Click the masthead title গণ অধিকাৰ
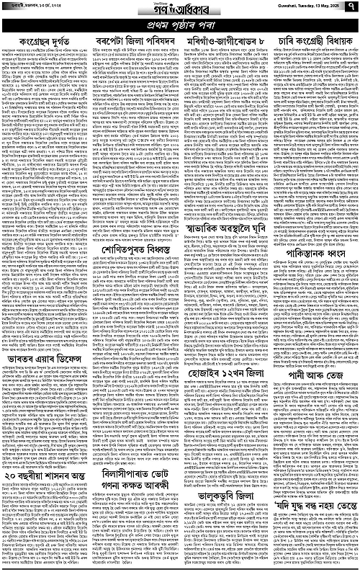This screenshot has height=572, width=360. pyautogui.click(x=179, y=10)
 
